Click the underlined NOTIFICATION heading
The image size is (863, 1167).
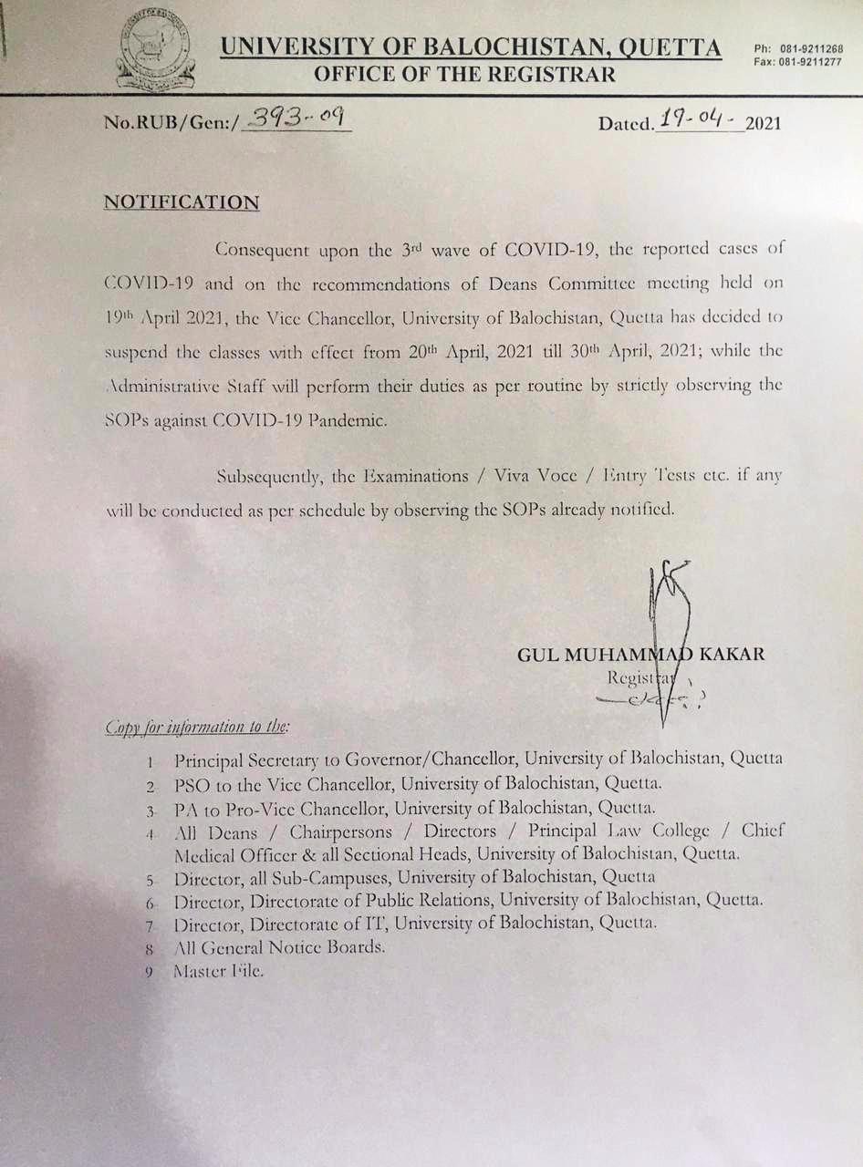[182, 201]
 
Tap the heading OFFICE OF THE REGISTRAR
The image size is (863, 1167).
[464, 75]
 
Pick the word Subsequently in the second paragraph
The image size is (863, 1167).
[274, 476]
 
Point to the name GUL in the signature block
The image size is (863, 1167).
[538, 655]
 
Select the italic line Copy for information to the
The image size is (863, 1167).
[198, 727]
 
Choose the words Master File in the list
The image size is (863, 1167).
[218, 971]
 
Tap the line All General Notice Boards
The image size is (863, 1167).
[278, 947]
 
